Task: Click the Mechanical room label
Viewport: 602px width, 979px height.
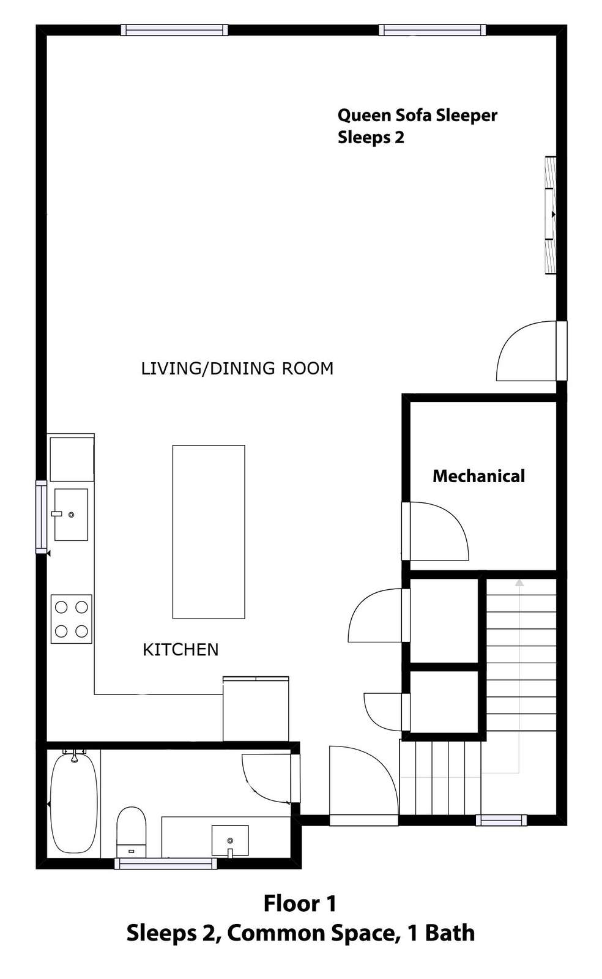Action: tap(478, 477)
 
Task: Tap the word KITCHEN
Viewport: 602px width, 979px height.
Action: tap(180, 650)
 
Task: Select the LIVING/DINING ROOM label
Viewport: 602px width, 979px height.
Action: tap(237, 368)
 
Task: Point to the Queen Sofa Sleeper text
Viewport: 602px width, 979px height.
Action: tap(417, 116)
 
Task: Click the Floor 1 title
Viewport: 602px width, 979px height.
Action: tap(300, 903)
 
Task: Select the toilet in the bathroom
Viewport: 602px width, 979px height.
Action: tap(131, 832)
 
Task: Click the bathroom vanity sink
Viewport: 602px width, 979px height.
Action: tap(230, 841)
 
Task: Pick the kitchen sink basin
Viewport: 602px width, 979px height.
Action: tap(71, 515)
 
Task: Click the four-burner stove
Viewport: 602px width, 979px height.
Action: tap(71, 619)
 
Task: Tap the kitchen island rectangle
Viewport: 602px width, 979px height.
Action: tap(209, 532)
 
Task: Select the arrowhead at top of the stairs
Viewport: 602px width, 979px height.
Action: tap(519, 583)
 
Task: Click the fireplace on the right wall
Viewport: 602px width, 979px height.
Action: tap(551, 215)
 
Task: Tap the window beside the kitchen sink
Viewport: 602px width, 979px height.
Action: tap(41, 516)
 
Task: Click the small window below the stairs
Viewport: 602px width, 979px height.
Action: tap(501, 819)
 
